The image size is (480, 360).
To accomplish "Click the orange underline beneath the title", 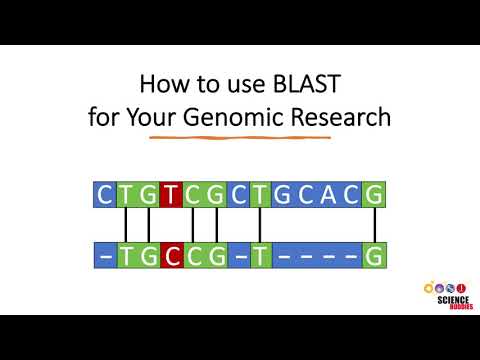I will [240, 137].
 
